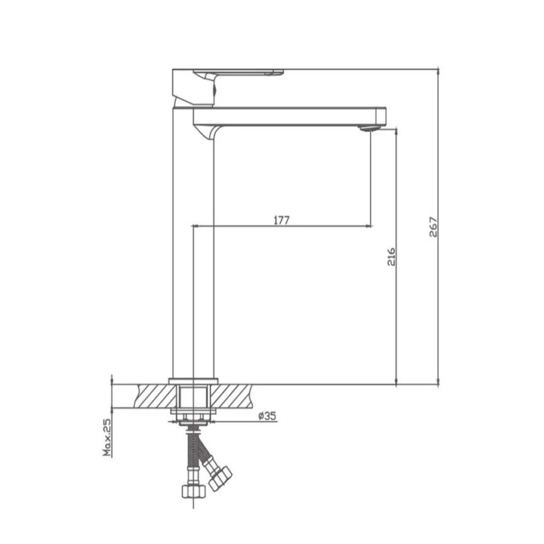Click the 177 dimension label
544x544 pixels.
281,220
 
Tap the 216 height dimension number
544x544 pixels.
391,256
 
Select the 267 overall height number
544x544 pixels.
433,227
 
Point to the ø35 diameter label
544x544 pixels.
267,416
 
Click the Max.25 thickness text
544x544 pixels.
107,437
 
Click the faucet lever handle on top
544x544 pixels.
239,72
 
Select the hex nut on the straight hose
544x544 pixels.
193,491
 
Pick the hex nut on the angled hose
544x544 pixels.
220,479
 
